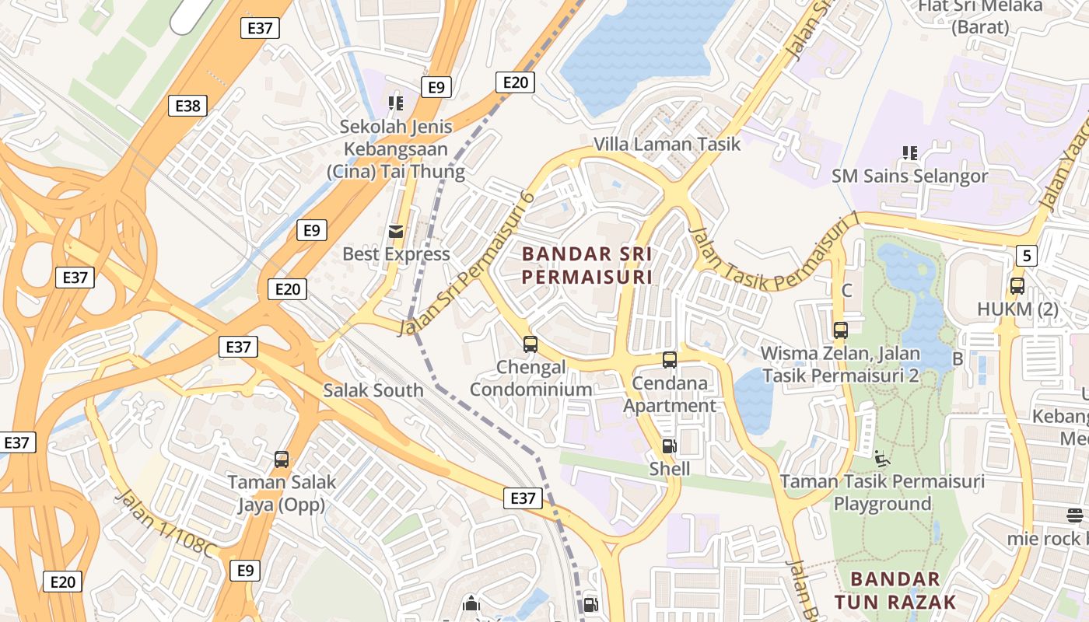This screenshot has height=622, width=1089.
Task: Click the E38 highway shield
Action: (x=187, y=106)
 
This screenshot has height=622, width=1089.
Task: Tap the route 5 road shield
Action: (x=1027, y=254)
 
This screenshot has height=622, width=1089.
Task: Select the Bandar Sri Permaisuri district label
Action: (x=587, y=265)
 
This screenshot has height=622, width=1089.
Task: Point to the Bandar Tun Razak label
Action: (x=895, y=590)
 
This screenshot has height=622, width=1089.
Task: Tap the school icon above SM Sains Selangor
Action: (x=909, y=153)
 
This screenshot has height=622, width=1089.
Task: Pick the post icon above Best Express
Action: (x=396, y=231)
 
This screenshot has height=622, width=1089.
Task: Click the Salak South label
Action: (x=373, y=390)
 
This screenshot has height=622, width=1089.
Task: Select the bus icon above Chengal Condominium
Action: (x=530, y=344)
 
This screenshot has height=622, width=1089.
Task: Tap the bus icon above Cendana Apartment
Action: (x=670, y=360)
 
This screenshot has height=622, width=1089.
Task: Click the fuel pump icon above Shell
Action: (x=669, y=446)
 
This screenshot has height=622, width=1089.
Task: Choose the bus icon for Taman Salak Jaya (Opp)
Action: (x=282, y=460)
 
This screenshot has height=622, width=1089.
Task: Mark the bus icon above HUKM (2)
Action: (x=1017, y=286)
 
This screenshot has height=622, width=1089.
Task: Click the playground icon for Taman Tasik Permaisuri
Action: (x=882, y=459)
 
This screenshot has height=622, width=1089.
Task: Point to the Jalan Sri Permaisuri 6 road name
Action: (x=465, y=264)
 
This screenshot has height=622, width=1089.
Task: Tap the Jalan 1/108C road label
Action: (x=165, y=523)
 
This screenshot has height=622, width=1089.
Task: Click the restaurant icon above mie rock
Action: (x=1075, y=515)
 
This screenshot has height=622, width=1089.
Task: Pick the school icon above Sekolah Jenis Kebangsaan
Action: (x=396, y=103)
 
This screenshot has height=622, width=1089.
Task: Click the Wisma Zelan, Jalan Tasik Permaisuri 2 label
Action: (x=840, y=364)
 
